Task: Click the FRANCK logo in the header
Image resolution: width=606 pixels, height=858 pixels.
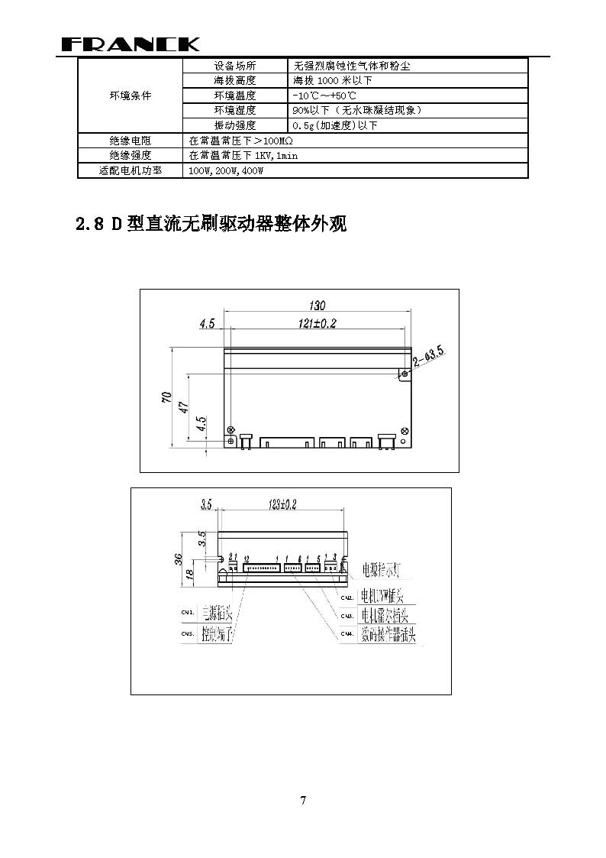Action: (x=131, y=44)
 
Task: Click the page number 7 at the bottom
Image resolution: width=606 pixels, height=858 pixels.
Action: (x=303, y=801)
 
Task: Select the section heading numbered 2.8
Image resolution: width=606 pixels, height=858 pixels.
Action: (x=211, y=224)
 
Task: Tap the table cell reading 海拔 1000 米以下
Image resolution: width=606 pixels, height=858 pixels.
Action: (x=332, y=80)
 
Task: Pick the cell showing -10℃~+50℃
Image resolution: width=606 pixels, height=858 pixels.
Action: (x=324, y=96)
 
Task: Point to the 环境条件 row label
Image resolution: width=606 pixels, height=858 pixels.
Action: (x=130, y=96)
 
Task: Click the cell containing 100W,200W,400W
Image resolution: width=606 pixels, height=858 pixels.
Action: (x=226, y=171)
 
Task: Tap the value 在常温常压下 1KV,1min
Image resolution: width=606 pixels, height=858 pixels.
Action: (x=243, y=156)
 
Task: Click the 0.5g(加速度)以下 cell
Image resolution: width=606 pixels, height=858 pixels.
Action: (x=334, y=125)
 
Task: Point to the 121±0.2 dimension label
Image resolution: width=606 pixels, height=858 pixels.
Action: (x=317, y=323)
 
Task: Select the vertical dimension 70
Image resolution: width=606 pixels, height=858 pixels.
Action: (x=166, y=397)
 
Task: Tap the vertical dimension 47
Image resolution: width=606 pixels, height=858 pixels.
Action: (x=183, y=407)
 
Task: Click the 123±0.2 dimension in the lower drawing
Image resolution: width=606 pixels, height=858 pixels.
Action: (x=282, y=504)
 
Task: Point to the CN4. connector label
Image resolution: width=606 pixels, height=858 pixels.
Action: (x=346, y=633)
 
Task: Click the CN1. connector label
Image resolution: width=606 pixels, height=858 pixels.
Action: (x=187, y=612)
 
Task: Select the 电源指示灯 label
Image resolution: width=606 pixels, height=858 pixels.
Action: (x=388, y=569)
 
